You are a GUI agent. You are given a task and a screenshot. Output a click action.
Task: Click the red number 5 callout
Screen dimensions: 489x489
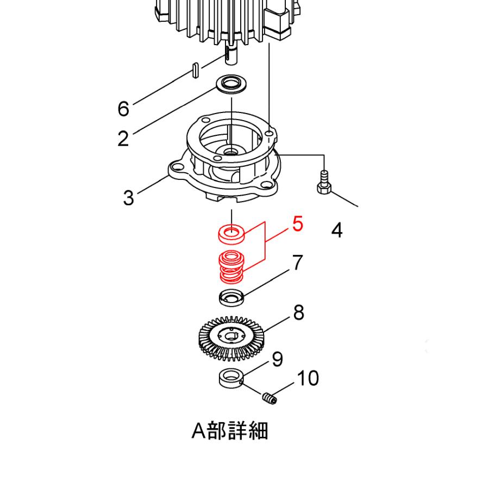pyautogui.click(x=298, y=224)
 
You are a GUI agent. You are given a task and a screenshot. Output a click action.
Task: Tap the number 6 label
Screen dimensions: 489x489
pyautogui.click(x=123, y=109)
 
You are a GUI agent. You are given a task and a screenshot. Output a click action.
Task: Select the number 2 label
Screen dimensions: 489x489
pyautogui.click(x=123, y=139)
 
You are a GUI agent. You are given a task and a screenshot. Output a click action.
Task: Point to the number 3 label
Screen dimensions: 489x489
pyautogui.click(x=128, y=197)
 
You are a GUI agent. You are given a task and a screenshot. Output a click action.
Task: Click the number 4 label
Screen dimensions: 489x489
pyautogui.click(x=337, y=230)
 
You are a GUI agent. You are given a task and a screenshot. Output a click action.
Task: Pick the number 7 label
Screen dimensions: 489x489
pyautogui.click(x=298, y=262)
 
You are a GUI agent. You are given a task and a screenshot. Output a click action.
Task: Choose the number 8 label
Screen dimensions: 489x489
pyautogui.click(x=298, y=312)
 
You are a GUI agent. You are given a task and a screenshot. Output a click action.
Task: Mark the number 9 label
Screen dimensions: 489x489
pyautogui.click(x=277, y=359)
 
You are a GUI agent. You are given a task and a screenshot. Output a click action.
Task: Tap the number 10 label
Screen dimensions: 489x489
pyautogui.click(x=308, y=378)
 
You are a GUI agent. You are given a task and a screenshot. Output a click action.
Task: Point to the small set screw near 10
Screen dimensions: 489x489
pyautogui.click(x=269, y=399)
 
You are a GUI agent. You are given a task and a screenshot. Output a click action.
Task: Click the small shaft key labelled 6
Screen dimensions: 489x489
pyautogui.click(x=195, y=70)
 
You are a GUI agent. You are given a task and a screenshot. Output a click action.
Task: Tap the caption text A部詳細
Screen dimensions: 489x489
pyautogui.click(x=230, y=431)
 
